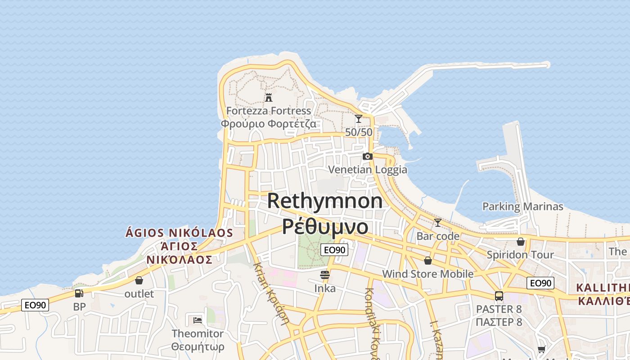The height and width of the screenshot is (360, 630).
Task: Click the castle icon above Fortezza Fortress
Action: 269,97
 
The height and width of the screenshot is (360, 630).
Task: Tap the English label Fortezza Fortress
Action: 269,111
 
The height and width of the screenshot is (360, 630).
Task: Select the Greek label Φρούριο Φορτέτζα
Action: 269,124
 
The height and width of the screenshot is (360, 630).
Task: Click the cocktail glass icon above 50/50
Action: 359,119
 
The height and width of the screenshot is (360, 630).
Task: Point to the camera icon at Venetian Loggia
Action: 368,157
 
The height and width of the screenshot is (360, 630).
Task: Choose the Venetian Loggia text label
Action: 368,170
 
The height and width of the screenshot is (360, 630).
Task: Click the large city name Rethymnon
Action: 325,201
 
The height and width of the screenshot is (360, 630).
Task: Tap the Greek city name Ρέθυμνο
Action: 325,226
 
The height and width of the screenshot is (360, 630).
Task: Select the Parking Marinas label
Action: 523,207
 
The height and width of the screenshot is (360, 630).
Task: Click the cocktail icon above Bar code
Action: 437,223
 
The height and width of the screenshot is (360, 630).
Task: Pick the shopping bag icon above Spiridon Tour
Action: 521,242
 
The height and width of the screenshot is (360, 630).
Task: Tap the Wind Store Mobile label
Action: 427,274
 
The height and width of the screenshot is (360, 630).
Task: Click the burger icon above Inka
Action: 325,274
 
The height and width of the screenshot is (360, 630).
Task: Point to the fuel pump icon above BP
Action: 79,293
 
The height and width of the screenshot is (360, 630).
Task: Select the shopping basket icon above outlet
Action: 139,280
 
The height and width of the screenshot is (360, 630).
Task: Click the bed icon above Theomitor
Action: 198,320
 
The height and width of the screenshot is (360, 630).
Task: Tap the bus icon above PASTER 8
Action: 499,296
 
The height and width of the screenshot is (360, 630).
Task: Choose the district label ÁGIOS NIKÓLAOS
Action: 179,233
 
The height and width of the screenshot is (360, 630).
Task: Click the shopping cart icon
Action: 542,350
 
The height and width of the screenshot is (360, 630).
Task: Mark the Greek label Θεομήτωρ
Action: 198,347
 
